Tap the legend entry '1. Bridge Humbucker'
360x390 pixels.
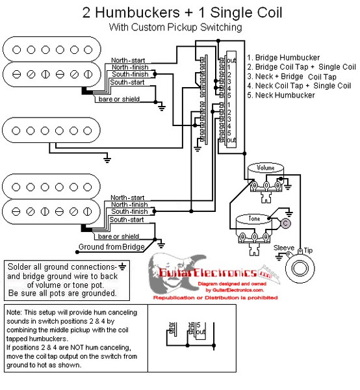click(283, 57)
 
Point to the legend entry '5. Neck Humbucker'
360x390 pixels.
click(281, 95)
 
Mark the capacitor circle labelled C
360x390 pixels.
click(285, 223)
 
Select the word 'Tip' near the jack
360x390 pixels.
click(308, 250)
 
